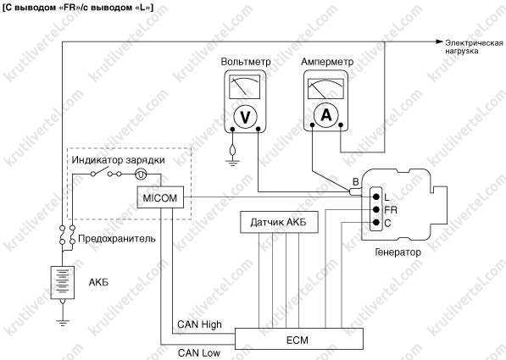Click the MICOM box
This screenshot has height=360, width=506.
(x=160, y=197)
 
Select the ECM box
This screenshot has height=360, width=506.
(x=299, y=339)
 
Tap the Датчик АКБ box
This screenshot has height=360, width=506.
(x=279, y=222)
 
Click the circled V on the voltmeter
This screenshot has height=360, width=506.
(x=245, y=117)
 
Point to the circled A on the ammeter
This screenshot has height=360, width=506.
(x=326, y=114)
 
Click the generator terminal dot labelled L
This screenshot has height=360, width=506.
(x=375, y=197)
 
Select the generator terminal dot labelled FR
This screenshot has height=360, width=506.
(x=375, y=210)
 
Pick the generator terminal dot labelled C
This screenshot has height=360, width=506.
(x=375, y=222)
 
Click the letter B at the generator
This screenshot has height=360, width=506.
(x=355, y=182)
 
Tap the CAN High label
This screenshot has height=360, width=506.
(x=199, y=324)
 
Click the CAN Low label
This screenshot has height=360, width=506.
(x=199, y=352)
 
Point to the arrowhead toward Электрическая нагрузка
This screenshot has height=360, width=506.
(x=439, y=42)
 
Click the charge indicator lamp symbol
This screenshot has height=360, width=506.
(x=141, y=174)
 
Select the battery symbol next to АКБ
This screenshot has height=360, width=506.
(x=62, y=284)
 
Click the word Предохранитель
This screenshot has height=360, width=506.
(x=117, y=239)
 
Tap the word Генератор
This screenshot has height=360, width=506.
(x=398, y=252)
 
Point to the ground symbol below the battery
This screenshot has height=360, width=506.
(x=62, y=321)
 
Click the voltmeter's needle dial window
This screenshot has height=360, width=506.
(x=244, y=86)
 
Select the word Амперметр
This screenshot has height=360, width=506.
(x=327, y=62)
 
